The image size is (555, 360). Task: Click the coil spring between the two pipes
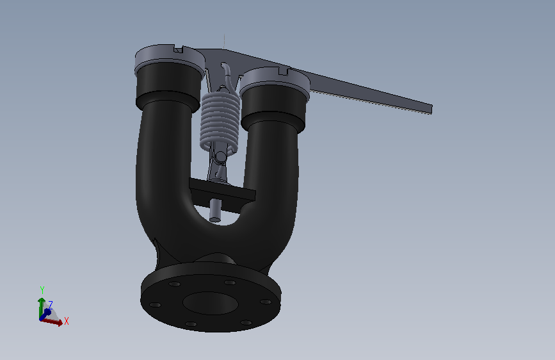pyautogui.click(x=220, y=120)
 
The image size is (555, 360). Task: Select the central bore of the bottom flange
pyautogui.click(x=210, y=303)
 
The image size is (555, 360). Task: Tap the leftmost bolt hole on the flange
pyautogui.click(x=155, y=305)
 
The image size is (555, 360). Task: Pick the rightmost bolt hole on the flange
pyautogui.click(x=266, y=302)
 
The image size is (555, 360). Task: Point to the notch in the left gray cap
pyautogui.click(x=179, y=49)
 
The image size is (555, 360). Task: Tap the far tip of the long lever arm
pyautogui.click(x=431, y=109)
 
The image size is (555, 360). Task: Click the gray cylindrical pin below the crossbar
pyautogui.click(x=215, y=211)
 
